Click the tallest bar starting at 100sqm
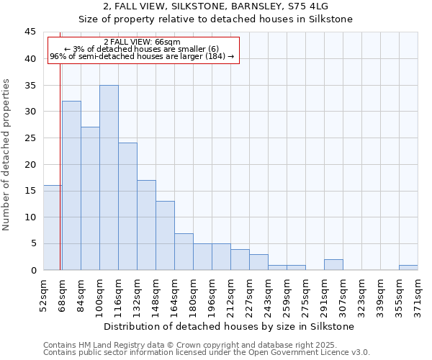109,178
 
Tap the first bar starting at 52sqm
53,228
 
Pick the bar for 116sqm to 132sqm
127,207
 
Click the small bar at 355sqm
408,267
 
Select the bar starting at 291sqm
333,264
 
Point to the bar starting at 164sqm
184,251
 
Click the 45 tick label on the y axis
30,32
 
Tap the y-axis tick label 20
30,164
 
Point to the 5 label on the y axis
32,243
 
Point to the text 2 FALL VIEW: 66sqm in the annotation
142,42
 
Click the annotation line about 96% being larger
142,56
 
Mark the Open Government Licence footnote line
207,353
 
